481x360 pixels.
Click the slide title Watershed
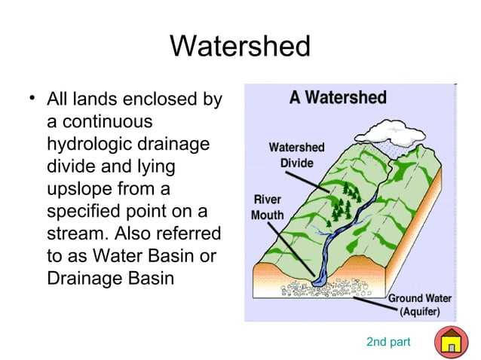pyautogui.click(x=240, y=47)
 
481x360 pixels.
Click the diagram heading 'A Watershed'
pyautogui.click(x=339, y=98)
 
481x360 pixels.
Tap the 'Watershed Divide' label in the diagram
pyautogui.click(x=297, y=155)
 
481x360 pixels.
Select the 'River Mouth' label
pyautogui.click(x=268, y=208)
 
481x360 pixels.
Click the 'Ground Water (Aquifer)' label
pyautogui.click(x=420, y=304)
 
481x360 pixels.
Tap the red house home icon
pyautogui.click(x=451, y=342)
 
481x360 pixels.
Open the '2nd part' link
pyautogui.click(x=388, y=343)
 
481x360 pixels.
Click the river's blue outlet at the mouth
pyautogui.click(x=317, y=278)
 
